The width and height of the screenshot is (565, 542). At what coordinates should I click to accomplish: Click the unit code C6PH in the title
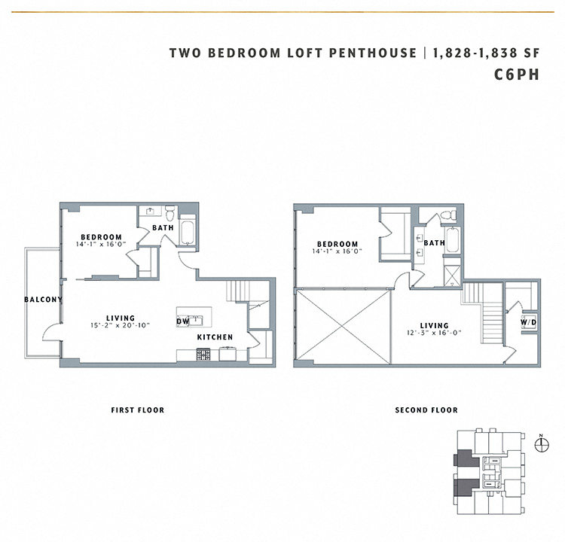coord(517,75)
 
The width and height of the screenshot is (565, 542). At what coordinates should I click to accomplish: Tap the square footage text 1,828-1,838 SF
coord(485,53)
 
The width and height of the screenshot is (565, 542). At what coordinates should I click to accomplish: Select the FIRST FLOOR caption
coord(137,410)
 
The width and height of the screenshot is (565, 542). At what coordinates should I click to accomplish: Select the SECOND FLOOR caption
coord(426,410)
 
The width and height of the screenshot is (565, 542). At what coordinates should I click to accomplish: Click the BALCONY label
coord(43,300)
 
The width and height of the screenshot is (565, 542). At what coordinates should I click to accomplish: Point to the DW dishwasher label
coord(182,321)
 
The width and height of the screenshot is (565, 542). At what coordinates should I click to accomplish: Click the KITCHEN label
coord(215,337)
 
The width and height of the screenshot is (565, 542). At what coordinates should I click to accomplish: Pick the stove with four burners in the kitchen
coord(203,354)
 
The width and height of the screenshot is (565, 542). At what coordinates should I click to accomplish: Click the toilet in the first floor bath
coord(169,213)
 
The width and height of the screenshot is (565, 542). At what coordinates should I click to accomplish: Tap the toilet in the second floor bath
coord(449,216)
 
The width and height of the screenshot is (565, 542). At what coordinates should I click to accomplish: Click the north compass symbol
coord(539,444)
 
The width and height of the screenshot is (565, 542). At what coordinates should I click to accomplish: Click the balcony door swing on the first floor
coord(51,331)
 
